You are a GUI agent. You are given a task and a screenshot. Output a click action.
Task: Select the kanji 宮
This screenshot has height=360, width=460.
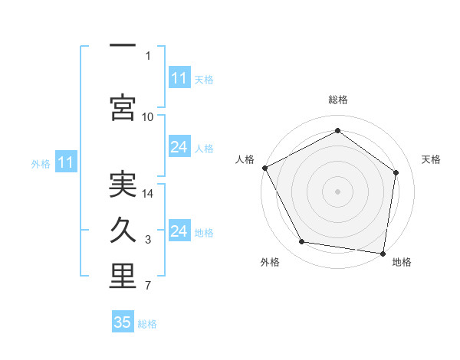coord(123,106)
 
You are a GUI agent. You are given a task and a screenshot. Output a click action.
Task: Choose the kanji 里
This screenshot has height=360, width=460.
coord(123,277)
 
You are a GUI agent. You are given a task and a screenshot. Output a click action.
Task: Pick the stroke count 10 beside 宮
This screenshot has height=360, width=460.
coord(148,116)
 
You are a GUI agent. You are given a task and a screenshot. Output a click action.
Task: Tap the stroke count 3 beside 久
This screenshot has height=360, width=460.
coord(148,241)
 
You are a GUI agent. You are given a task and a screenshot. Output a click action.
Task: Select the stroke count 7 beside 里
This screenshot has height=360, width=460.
coord(148,286)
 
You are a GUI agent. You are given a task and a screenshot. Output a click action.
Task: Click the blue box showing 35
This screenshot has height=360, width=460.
coord(123,322)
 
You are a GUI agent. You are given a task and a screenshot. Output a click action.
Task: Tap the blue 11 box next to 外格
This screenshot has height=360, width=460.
coord(65,162)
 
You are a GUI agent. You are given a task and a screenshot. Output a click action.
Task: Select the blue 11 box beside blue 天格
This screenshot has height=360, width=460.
coord(179,78)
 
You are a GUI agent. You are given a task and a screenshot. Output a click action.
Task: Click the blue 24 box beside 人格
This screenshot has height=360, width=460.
coord(179,147)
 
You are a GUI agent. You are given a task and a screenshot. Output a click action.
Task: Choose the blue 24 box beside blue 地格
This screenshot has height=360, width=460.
coord(179,231)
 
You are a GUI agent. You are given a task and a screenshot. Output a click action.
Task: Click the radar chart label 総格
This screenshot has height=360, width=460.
coord(338,100)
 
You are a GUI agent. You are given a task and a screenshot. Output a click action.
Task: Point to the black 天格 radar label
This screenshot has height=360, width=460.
coord(432,159)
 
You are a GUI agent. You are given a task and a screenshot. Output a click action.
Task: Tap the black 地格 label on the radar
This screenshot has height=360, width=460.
coord(402,263)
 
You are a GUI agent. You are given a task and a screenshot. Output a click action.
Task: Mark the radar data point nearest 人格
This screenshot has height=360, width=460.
coord(264,168)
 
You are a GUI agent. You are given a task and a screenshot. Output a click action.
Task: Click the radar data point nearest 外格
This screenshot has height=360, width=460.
coord(301,242)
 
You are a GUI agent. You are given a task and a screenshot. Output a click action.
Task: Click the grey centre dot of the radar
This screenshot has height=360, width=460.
coord(338,191)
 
